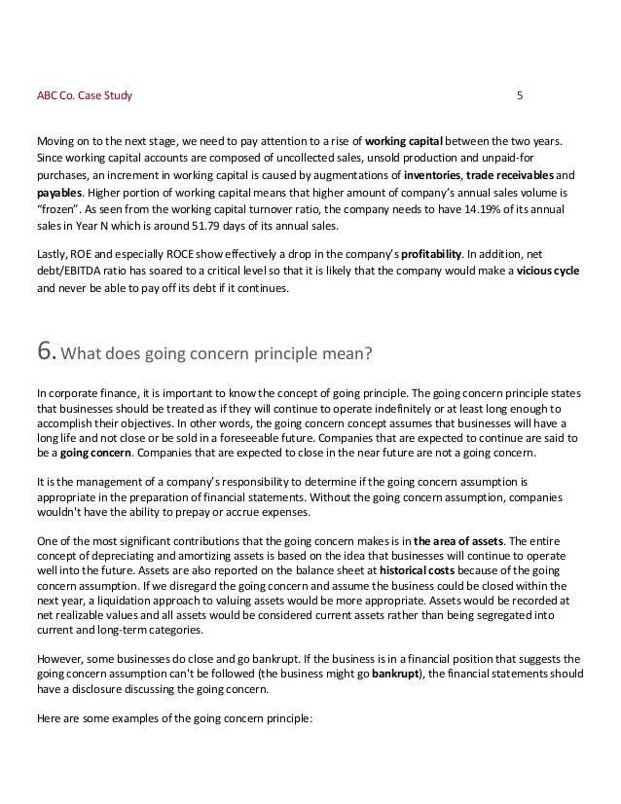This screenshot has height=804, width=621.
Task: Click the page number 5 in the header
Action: coord(519,96)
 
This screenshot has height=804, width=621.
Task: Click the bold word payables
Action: coord(58,193)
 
